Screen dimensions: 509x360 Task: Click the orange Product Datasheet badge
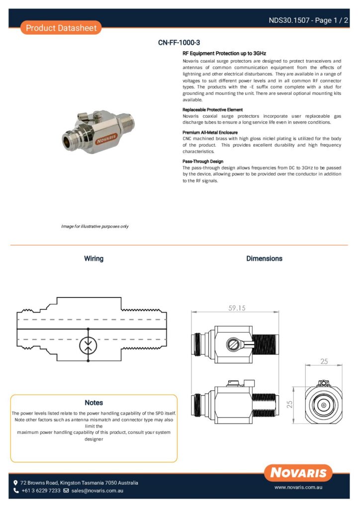click(61, 28)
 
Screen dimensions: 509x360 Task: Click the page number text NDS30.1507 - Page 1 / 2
click(308, 20)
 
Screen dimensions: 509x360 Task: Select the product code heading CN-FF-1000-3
click(179, 43)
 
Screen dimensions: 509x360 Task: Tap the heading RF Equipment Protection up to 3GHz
click(224, 53)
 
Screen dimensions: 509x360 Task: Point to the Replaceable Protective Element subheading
click(212, 109)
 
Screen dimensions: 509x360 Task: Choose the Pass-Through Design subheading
click(203, 161)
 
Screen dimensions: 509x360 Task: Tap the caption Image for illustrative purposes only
click(94, 226)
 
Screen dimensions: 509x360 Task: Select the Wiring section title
click(93, 258)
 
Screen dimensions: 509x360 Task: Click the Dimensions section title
click(264, 258)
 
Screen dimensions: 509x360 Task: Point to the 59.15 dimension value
click(237, 308)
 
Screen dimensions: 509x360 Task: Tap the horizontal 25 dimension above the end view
click(324, 361)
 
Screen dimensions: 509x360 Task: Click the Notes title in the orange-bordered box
click(93, 402)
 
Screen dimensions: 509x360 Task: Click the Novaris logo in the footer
click(298, 473)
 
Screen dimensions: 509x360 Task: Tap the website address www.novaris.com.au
click(299, 488)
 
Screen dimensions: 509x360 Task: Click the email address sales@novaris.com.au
click(97, 491)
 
